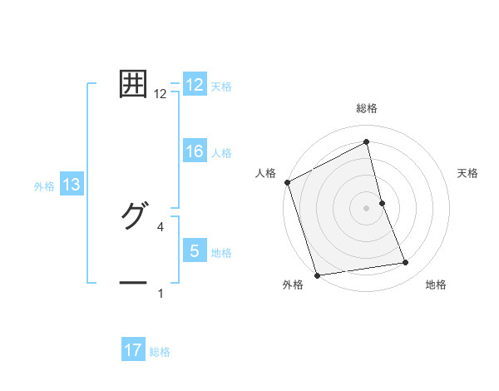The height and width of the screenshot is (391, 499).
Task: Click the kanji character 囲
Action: pos(133,84)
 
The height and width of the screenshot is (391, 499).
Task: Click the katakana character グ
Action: pos(133,215)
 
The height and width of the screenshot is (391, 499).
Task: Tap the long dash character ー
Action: pos(133,283)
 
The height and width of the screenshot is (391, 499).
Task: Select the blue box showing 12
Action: pos(195,85)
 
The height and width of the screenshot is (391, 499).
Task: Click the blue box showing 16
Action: pos(195,151)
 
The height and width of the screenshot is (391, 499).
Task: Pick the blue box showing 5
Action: pos(195,251)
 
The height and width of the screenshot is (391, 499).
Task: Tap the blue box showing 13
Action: pos(72,185)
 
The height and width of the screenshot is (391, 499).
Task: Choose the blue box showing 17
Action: pos(133,351)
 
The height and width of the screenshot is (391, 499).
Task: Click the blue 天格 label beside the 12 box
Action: pos(221,86)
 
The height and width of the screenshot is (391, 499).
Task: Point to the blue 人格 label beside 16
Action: pos(221,152)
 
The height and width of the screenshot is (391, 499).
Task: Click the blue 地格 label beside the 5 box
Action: pos(221,252)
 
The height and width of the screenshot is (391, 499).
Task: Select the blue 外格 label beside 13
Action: pos(44,186)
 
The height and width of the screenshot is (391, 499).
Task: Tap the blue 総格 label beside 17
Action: pos(160,352)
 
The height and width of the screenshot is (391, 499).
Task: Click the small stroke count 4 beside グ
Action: pos(161,226)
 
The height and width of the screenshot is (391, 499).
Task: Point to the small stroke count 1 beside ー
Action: pos(161,293)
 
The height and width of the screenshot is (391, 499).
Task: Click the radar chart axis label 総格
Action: pos(366,108)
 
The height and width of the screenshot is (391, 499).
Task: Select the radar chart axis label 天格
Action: pos(468,173)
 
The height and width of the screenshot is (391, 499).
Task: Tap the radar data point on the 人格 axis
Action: pos(287,182)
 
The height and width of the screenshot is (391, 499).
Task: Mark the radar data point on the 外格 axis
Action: pos(317,275)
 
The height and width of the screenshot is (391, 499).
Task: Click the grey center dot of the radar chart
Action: pos(366,208)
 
